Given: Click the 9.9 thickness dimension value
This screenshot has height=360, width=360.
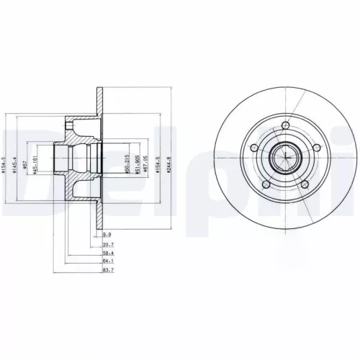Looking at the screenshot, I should [107, 235].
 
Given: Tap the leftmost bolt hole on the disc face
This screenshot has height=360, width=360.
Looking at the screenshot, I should [254, 150].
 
